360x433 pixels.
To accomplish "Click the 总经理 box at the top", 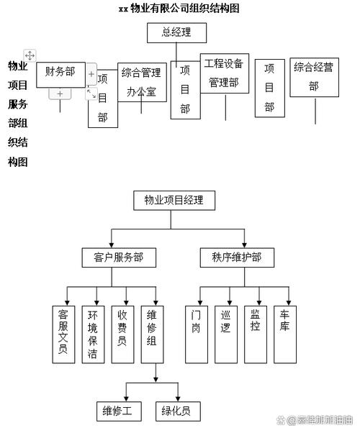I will [x=176, y=32].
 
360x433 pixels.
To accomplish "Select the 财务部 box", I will [x=60, y=71].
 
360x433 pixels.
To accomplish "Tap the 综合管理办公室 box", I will [x=142, y=82].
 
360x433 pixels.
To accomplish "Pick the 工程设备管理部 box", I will [x=224, y=72].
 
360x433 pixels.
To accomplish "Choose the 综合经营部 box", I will [x=313, y=76].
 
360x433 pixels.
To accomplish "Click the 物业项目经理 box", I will [x=174, y=200].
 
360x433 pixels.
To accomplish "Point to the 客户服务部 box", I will [x=118, y=257].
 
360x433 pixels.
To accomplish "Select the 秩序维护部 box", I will [x=237, y=257].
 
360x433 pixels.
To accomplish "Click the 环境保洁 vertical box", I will [x=93, y=334].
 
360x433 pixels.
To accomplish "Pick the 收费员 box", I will [x=123, y=334].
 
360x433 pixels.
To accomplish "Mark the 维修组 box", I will [x=153, y=334].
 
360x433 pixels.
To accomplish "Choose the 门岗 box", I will [x=197, y=334].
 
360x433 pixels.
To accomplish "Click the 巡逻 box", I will [x=227, y=334].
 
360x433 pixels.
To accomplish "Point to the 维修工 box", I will [x=119, y=411].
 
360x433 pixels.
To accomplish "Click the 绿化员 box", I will [x=176, y=411].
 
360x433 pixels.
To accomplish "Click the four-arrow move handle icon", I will [x=30, y=55].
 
